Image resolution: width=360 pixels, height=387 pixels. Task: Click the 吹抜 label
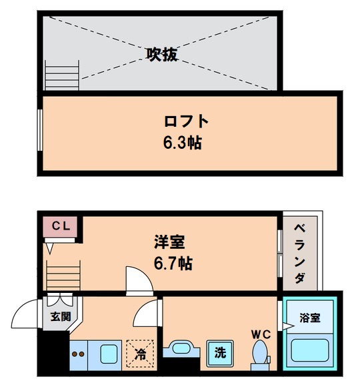(161, 55)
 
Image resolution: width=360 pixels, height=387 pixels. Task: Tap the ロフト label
(186, 122)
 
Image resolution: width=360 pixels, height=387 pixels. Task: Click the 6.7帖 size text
(173, 263)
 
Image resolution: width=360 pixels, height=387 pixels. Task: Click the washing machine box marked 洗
(219, 353)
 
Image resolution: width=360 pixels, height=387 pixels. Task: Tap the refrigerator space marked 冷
(141, 352)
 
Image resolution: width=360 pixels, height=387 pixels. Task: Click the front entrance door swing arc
(27, 312)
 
